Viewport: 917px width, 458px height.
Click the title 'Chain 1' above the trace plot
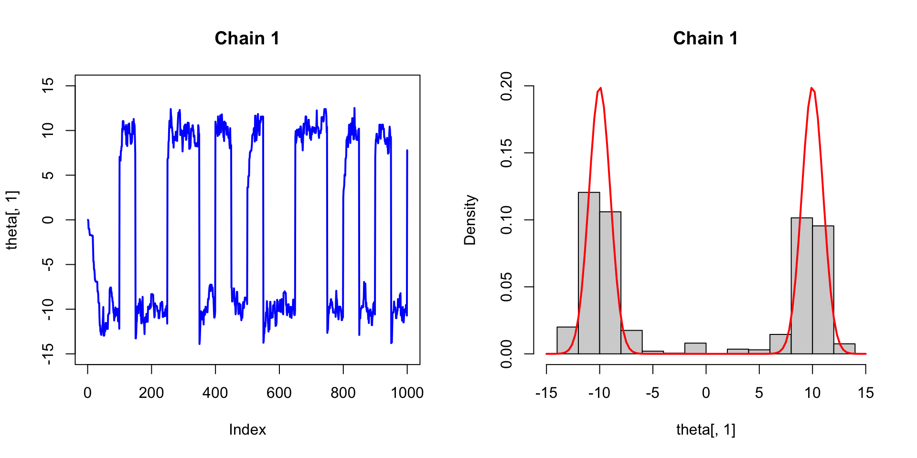tap(247, 38)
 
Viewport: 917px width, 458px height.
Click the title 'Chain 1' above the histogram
tap(705, 38)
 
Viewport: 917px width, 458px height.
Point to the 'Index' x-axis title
tap(247, 429)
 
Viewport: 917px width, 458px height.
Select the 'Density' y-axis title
tap(470, 220)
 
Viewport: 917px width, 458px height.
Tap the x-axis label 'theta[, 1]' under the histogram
tap(705, 429)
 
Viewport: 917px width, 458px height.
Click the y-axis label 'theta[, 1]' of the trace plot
tap(12, 220)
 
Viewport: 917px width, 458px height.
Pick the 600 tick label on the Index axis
tap(279, 393)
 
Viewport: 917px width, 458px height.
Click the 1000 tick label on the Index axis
tap(407, 393)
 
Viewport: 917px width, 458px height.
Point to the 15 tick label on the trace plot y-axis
tap(48, 86)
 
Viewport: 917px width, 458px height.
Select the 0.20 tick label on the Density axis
tap(506, 86)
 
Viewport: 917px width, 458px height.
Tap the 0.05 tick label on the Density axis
tap(506, 287)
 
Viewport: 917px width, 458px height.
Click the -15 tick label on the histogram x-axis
tap(546, 393)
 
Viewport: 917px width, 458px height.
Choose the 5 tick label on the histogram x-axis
tap(759, 393)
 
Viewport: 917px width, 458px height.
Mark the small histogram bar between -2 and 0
tap(695, 348)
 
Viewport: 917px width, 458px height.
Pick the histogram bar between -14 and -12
tap(567, 341)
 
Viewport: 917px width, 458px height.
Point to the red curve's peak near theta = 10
tap(811, 88)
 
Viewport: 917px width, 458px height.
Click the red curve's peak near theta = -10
tap(600, 88)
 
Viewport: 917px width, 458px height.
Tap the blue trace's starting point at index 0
tap(88, 220)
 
